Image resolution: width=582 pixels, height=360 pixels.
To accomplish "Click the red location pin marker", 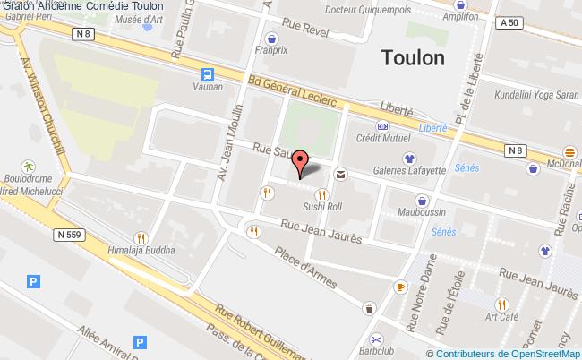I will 301,162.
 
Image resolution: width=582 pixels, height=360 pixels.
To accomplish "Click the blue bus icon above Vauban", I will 208,75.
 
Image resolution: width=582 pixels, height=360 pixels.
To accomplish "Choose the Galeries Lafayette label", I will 409,170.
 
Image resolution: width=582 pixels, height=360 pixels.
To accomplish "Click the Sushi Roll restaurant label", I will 322,207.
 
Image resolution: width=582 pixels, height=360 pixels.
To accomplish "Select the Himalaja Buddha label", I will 141,252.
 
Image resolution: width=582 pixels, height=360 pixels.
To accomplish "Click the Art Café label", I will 503,317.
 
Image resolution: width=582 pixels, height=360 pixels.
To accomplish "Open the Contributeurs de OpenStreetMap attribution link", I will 508,354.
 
